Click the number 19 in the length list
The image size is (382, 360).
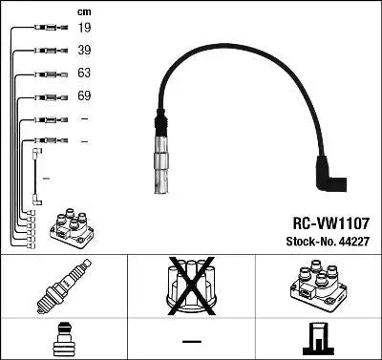point(84,29)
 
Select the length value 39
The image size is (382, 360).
point(84,51)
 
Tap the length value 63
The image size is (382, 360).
point(84,74)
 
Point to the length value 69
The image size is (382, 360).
point(84,96)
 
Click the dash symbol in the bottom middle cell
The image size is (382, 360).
point(191,340)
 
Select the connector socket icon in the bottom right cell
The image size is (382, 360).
point(320,339)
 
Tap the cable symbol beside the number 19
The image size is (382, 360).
point(45,29)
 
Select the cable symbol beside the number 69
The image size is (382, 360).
point(45,96)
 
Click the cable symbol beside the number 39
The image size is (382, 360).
point(45,51)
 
